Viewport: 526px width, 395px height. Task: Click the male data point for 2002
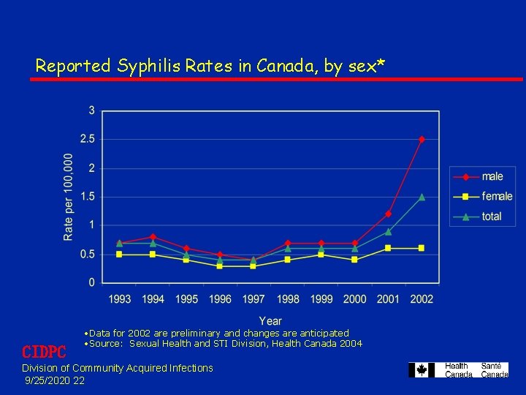pyautogui.click(x=422, y=139)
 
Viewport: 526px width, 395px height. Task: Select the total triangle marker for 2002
pyautogui.click(x=422, y=197)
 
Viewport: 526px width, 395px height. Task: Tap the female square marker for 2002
pyautogui.click(x=422, y=248)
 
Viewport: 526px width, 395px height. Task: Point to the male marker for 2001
pyautogui.click(x=388, y=214)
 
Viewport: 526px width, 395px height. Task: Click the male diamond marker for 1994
pyautogui.click(x=152, y=237)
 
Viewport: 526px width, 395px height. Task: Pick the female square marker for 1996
pyautogui.click(x=219, y=266)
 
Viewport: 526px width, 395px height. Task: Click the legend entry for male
pyautogui.click(x=492, y=176)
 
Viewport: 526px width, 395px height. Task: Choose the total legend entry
pyautogui.click(x=492, y=216)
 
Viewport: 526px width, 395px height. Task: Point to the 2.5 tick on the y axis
pyautogui.click(x=87, y=139)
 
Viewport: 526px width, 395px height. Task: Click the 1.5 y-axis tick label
pyautogui.click(x=87, y=196)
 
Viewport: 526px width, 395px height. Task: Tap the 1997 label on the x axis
pyautogui.click(x=254, y=298)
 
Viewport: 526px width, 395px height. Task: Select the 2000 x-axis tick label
pyautogui.click(x=354, y=298)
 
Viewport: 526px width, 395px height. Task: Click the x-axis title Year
pyautogui.click(x=270, y=320)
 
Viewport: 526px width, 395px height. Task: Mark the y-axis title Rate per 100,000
pyautogui.click(x=69, y=196)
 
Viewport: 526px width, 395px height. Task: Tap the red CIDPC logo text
pyautogui.click(x=44, y=352)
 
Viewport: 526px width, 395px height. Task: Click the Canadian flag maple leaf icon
pyautogui.click(x=422, y=370)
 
